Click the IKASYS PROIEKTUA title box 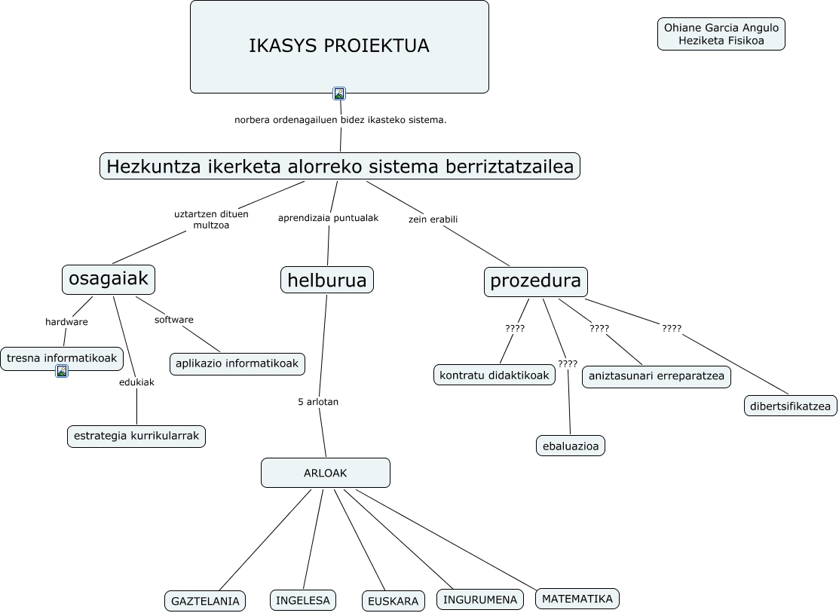click(x=339, y=46)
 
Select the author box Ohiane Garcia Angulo click(x=721, y=34)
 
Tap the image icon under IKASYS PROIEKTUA click(x=339, y=93)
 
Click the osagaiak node click(x=109, y=279)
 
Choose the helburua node click(x=326, y=280)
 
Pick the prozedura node click(x=535, y=281)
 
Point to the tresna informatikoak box click(x=62, y=358)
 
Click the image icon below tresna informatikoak click(x=62, y=371)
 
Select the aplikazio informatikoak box click(x=237, y=363)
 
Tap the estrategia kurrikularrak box click(x=136, y=436)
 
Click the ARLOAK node click(x=325, y=473)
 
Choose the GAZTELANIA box click(x=205, y=601)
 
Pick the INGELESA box click(x=302, y=600)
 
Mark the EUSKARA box click(x=393, y=601)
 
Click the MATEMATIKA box click(x=577, y=599)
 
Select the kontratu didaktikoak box click(x=495, y=375)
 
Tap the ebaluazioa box click(x=571, y=446)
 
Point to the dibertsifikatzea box click(x=790, y=406)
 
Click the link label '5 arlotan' click(x=318, y=402)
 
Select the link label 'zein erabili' click(x=433, y=219)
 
